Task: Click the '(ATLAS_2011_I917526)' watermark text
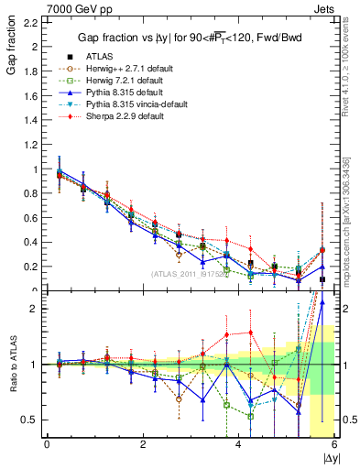tap(189, 274)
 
